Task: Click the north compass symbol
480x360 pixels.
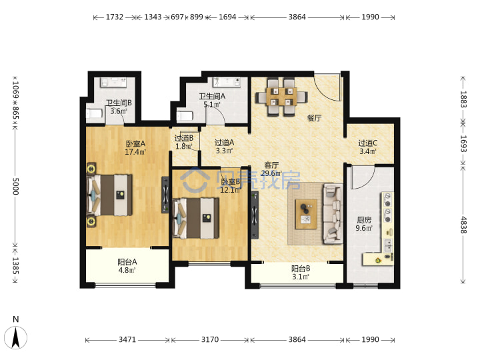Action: tap(15, 337)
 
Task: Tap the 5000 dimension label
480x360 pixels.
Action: tap(15, 186)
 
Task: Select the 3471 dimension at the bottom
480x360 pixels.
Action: tap(127, 339)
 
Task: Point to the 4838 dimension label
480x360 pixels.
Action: tap(463, 225)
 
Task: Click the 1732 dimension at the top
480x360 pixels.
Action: tap(115, 17)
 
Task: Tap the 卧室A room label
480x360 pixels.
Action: tap(135, 143)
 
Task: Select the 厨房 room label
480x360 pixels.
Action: tap(364, 219)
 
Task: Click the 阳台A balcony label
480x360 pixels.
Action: tap(127, 262)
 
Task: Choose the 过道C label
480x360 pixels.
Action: tap(367, 143)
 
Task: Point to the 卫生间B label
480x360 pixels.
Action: tap(119, 103)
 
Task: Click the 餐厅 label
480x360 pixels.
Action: tap(315, 118)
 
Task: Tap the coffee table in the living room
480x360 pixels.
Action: tap(306, 214)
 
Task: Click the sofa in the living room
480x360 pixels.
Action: tap(333, 214)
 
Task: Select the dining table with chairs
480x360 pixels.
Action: tap(281, 97)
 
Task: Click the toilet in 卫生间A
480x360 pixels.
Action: tap(185, 116)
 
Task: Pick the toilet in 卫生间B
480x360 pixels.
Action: tap(94, 113)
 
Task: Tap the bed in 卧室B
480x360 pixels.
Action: tap(196, 218)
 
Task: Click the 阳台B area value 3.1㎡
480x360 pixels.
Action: tap(300, 277)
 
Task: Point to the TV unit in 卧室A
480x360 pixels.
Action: tap(165, 195)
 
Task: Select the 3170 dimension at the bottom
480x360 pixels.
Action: tap(210, 339)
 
